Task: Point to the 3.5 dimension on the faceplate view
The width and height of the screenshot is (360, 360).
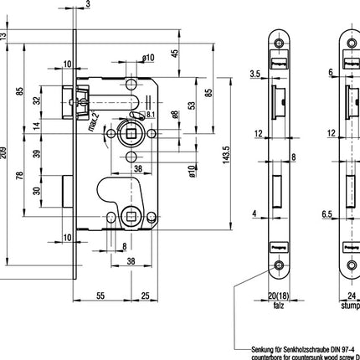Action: (254, 76)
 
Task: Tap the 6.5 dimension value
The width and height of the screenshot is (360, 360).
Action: (327, 214)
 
